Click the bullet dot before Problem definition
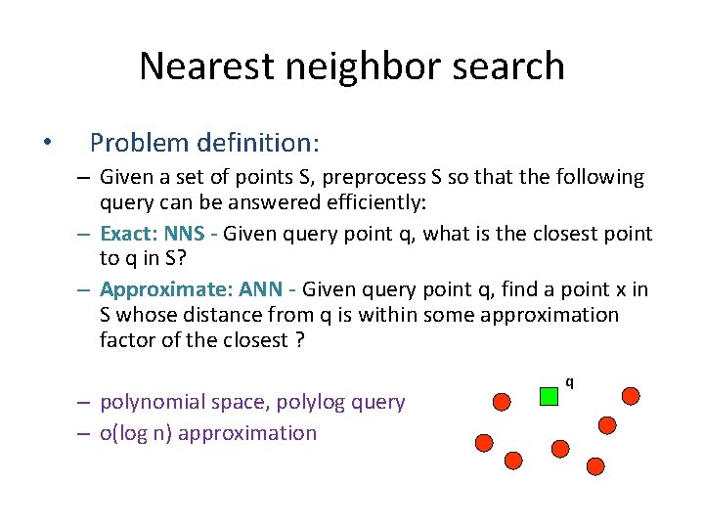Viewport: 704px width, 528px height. tap(47, 144)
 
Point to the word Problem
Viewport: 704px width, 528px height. tap(138, 144)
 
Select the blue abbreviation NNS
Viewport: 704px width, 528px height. tap(185, 233)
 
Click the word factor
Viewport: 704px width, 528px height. tap(126, 339)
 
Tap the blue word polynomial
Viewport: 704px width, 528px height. tap(153, 402)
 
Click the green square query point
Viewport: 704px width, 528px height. tap(549, 395)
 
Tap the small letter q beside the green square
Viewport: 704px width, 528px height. tap(569, 382)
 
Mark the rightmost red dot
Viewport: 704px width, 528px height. tap(631, 395)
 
